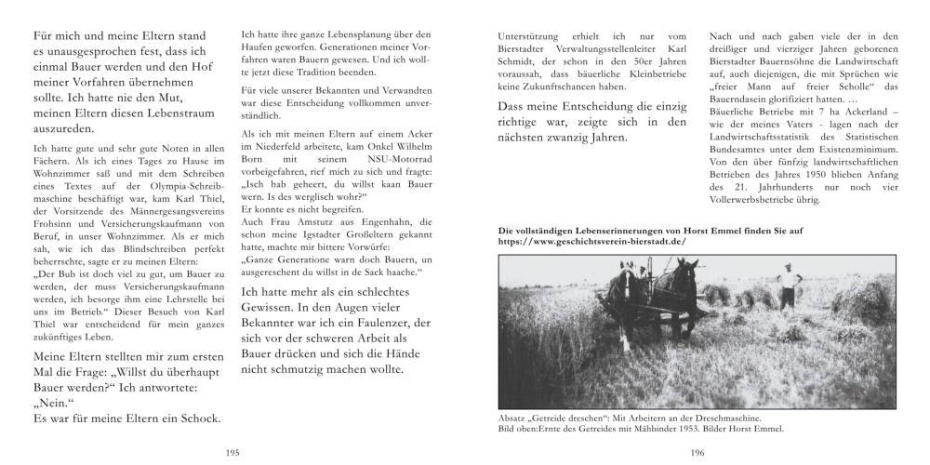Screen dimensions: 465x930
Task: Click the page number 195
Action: tap(232, 452)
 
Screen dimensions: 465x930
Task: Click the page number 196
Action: tap(697, 452)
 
